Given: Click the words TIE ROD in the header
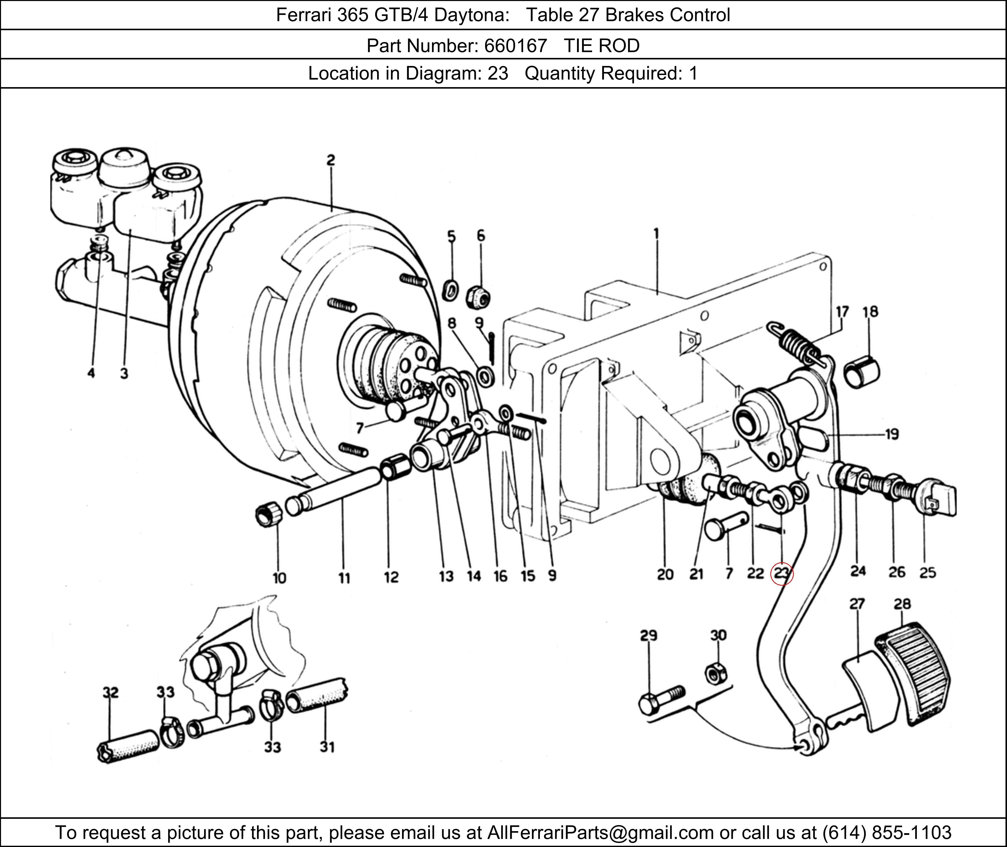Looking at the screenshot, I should point(601,46).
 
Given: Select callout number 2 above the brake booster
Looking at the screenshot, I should point(331,160).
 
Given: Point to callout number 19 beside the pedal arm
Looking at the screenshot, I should point(892,435).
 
